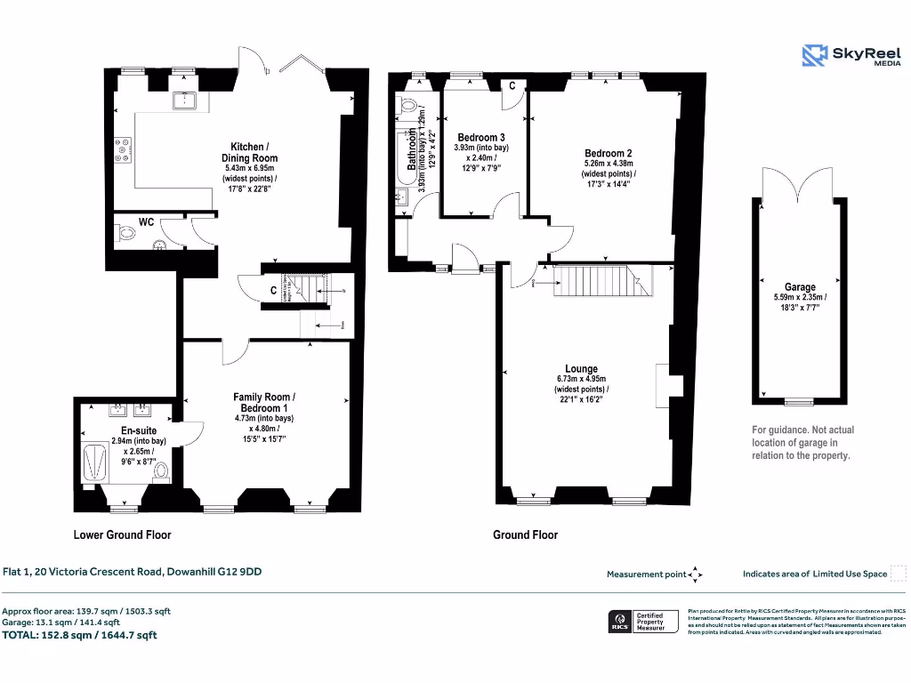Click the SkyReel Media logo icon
coord(815,55)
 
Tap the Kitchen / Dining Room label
coord(247,152)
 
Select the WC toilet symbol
coord(125,235)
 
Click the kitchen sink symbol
coord(188,100)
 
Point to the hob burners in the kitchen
coord(124,148)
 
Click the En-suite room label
coord(139,430)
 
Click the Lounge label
coord(581,368)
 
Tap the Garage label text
coord(800,287)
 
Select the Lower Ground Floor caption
coord(122,534)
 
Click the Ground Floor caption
coord(525,534)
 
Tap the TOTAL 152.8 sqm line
coord(80,635)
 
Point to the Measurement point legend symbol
coord(696,575)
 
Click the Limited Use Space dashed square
coord(899,573)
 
